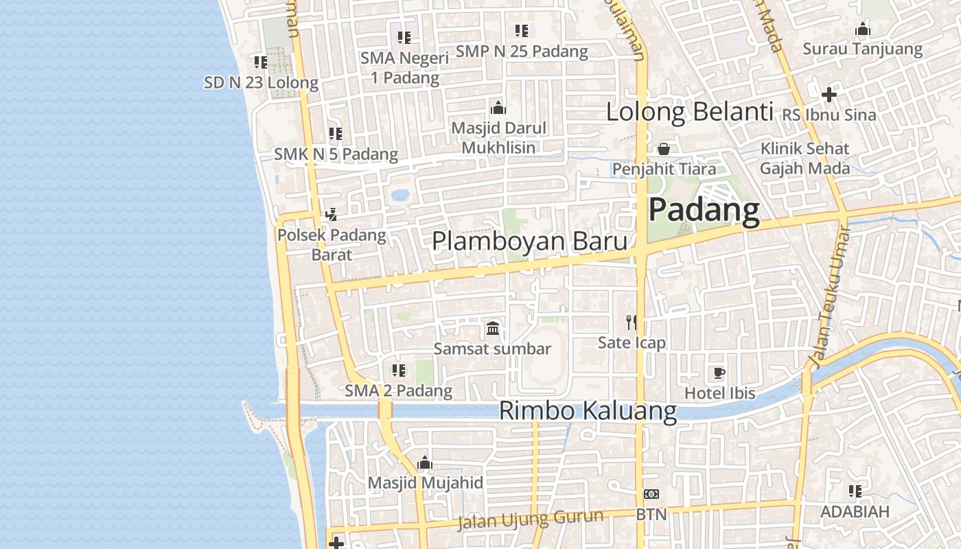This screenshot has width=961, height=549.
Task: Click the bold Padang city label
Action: pyautogui.click(x=704, y=209)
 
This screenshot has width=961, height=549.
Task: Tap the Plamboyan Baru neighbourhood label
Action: pyautogui.click(x=529, y=242)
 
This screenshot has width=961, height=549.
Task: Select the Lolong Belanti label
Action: pyautogui.click(x=689, y=111)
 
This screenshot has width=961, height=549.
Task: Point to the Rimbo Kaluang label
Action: pyautogui.click(x=588, y=410)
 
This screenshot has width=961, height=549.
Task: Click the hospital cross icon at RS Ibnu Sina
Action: pyautogui.click(x=829, y=94)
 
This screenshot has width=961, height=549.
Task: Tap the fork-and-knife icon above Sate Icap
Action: pyautogui.click(x=632, y=322)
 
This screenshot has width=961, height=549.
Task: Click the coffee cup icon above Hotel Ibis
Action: pyautogui.click(x=719, y=373)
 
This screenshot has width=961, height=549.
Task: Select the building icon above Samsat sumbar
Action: pyautogui.click(x=492, y=329)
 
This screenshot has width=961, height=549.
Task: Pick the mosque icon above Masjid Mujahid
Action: pyautogui.click(x=425, y=463)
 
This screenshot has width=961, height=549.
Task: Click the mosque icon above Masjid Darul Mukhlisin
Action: pyautogui.click(x=498, y=108)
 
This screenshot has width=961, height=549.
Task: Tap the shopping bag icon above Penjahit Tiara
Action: pyautogui.click(x=664, y=148)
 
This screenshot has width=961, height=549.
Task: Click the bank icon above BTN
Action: pyautogui.click(x=651, y=494)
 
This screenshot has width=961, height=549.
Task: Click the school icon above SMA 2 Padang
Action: pyautogui.click(x=398, y=371)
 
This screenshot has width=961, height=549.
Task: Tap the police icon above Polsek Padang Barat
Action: pyautogui.click(x=331, y=215)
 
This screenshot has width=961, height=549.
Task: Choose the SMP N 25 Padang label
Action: pyautogui.click(x=522, y=51)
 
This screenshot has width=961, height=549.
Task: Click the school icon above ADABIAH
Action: pyautogui.click(x=855, y=491)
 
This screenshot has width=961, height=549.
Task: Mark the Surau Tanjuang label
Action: pyautogui.click(x=862, y=49)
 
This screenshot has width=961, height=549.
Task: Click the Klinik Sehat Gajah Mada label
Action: pyautogui.click(x=804, y=159)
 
